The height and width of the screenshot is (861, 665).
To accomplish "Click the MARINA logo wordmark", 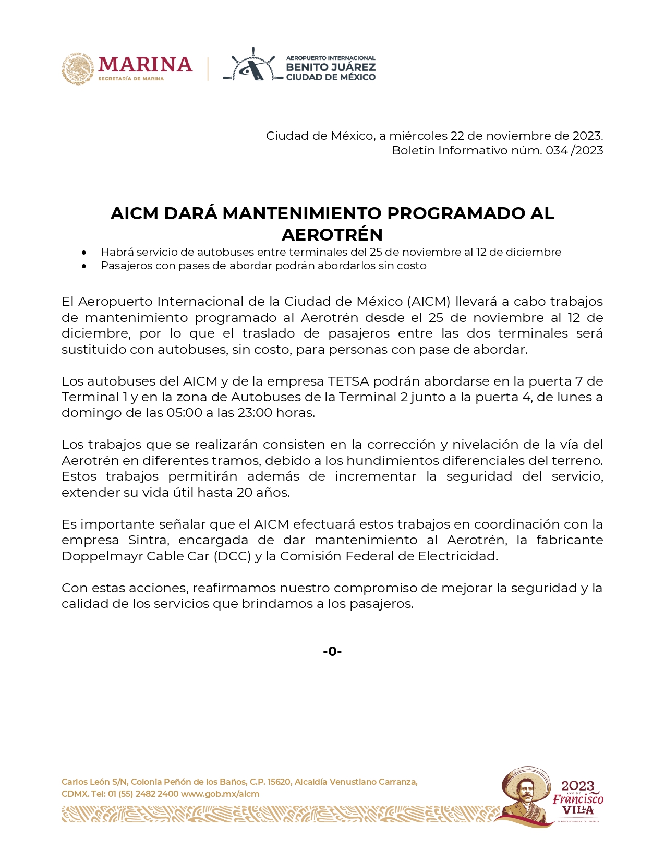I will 145,65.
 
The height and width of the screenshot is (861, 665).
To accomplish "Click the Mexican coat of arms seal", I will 78,68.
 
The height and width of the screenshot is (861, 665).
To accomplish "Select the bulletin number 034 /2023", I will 574,151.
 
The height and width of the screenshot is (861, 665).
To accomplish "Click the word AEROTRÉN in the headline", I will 332,234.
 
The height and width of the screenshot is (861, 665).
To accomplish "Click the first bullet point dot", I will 84,253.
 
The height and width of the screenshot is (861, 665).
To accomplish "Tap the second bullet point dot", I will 84,266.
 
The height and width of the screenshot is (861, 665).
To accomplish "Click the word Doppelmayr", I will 102,556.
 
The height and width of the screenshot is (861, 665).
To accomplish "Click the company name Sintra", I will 146,540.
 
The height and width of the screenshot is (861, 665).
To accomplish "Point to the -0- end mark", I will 332,651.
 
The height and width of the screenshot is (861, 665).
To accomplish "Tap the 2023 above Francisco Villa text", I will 577,786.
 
